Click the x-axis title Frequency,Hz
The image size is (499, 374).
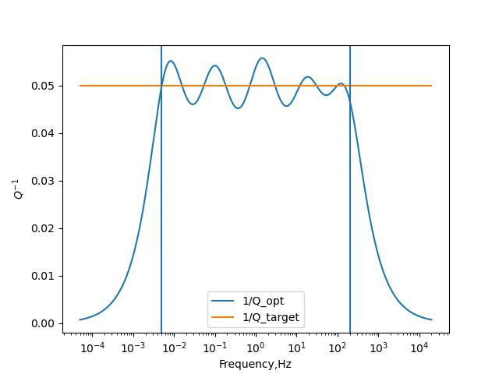coord(255,364)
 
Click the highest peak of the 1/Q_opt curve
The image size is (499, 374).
coord(262,58)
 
